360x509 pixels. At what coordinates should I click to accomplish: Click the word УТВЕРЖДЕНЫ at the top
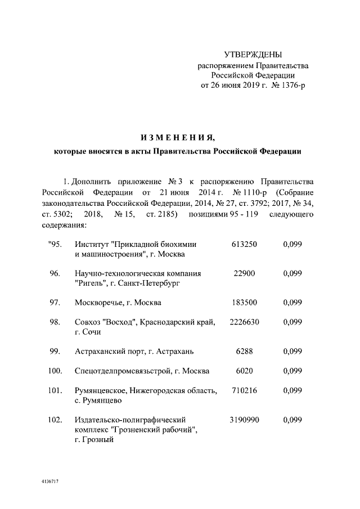click(x=253, y=55)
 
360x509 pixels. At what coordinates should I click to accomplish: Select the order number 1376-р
click(x=289, y=85)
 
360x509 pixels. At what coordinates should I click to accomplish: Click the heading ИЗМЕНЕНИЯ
click(x=177, y=137)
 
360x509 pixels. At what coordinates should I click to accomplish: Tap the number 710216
click(x=244, y=391)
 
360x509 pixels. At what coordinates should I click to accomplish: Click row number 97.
click(x=55, y=303)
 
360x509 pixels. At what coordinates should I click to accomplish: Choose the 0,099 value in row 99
click(x=293, y=352)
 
